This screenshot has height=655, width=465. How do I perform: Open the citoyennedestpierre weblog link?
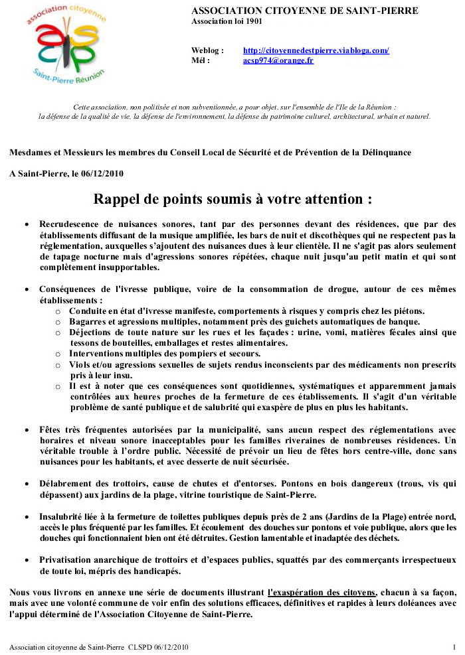click(x=316, y=50)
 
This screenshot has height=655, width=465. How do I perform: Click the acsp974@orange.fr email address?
click(x=278, y=60)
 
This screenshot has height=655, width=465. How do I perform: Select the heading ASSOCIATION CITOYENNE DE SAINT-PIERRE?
click(x=304, y=11)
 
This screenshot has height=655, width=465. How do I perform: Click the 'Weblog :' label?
click(x=207, y=50)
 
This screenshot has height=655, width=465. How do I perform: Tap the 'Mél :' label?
click(x=201, y=60)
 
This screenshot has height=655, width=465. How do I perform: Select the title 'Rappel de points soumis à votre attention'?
click(x=232, y=199)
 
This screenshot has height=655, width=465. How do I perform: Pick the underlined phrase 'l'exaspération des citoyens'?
click(x=322, y=591)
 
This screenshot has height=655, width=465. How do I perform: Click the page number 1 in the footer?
click(x=454, y=646)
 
